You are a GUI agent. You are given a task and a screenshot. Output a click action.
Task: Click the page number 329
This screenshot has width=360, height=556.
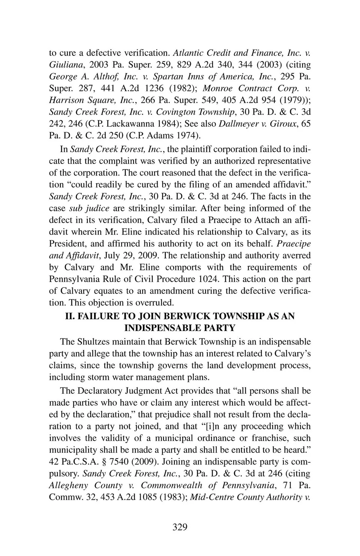(180, 527)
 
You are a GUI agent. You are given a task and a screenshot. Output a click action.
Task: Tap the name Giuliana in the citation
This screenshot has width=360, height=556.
(64, 65)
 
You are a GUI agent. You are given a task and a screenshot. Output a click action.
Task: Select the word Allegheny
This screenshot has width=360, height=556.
(68, 485)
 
